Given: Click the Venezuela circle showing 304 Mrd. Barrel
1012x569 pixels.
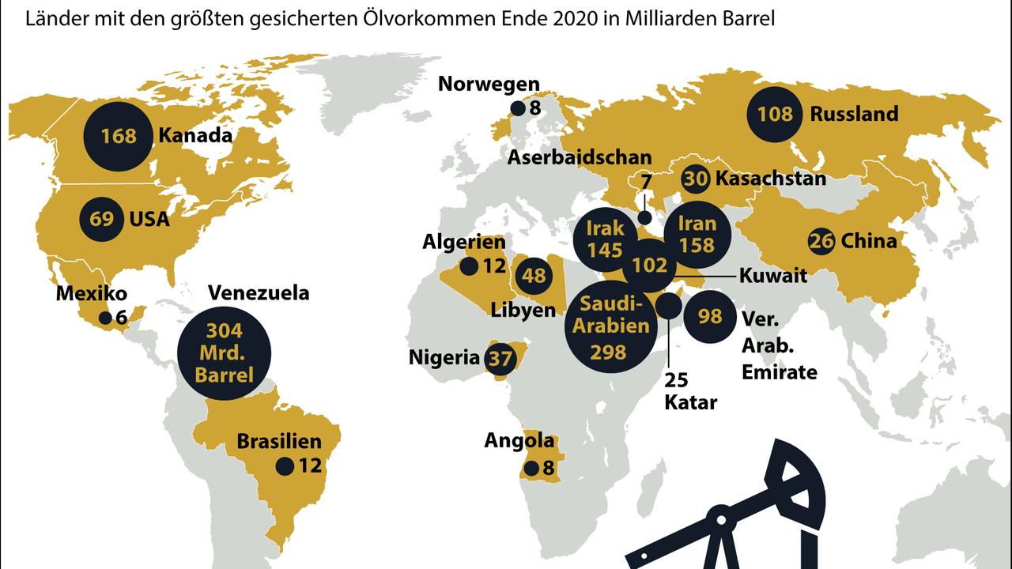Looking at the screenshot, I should [224, 352].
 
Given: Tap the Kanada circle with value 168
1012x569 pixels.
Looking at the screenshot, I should [119, 136].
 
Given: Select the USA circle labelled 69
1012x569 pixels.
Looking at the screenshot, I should [102, 218].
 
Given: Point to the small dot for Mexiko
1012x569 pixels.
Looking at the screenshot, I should [104, 318].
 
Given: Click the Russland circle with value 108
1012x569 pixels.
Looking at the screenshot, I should [775, 114].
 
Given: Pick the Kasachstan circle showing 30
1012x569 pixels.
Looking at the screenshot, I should [696, 179].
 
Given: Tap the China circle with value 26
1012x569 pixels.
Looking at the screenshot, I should [821, 241].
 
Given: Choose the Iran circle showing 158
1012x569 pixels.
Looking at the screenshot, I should [697, 235].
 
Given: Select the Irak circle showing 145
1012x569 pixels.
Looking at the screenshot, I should [606, 239].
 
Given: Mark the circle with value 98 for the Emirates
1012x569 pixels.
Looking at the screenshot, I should [710, 316].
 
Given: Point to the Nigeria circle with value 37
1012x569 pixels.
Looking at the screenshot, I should [500, 359].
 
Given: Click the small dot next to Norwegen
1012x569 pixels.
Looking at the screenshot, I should [518, 108].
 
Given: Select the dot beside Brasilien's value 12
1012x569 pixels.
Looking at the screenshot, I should [285, 466].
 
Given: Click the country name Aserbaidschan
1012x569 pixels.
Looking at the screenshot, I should [580, 157].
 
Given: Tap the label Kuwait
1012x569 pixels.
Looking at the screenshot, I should [772, 276].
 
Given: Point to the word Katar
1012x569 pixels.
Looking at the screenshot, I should [690, 402].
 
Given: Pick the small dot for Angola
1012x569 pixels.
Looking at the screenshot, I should [531, 468].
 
